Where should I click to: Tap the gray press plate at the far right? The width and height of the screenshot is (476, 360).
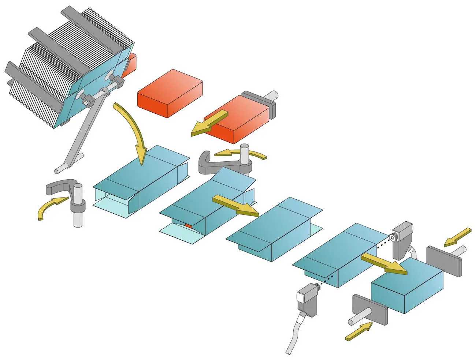tap(444, 260)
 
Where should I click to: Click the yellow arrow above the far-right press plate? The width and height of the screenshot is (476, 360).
tap(458, 237)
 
